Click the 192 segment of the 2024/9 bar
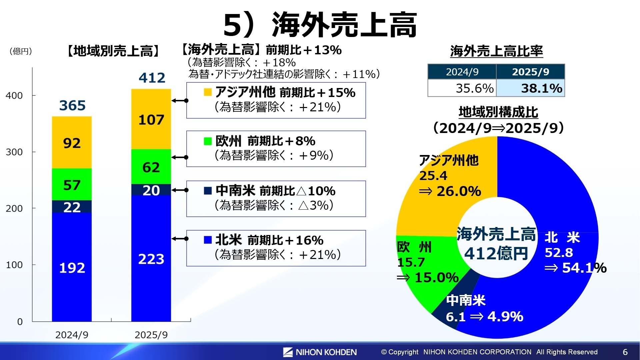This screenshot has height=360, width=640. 72,268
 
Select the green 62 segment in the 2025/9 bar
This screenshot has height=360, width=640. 151,167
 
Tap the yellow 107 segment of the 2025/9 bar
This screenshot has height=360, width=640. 151,119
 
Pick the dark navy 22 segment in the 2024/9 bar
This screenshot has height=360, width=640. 72,207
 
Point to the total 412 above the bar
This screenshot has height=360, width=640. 152,78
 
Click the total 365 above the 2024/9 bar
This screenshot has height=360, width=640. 72,105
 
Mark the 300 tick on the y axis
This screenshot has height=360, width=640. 14,152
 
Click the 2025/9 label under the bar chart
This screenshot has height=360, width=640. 151,335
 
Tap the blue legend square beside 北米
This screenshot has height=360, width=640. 208,240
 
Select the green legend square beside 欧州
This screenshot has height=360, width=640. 208,141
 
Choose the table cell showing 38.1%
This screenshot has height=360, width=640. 531,88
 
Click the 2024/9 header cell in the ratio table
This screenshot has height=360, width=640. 462,72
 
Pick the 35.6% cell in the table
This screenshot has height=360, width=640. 462,88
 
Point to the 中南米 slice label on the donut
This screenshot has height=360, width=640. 466,300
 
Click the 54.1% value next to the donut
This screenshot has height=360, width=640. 584,268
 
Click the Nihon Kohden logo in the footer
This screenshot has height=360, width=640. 320,352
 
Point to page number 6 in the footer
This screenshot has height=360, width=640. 625,352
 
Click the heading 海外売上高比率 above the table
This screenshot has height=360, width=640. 496,51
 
